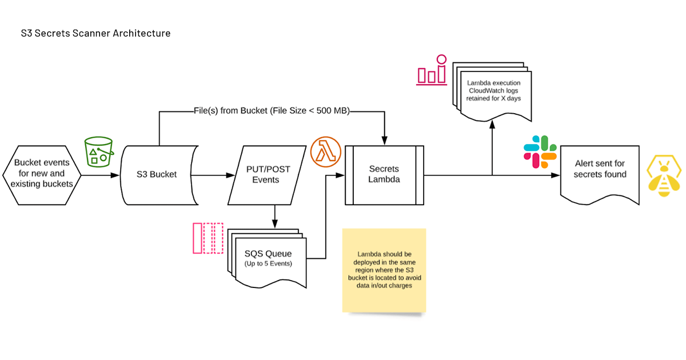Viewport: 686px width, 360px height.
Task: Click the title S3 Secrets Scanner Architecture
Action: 95,33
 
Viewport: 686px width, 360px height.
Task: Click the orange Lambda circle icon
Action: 326,153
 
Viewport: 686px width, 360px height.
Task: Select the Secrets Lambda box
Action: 384,174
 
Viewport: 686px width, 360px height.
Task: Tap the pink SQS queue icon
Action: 208,238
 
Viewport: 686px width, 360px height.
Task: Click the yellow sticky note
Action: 384,270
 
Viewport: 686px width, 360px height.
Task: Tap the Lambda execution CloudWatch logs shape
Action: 493,91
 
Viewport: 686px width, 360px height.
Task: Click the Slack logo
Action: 540,152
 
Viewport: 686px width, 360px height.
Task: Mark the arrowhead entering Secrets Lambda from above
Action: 384,141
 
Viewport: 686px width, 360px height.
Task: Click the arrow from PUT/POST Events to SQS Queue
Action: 275,216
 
